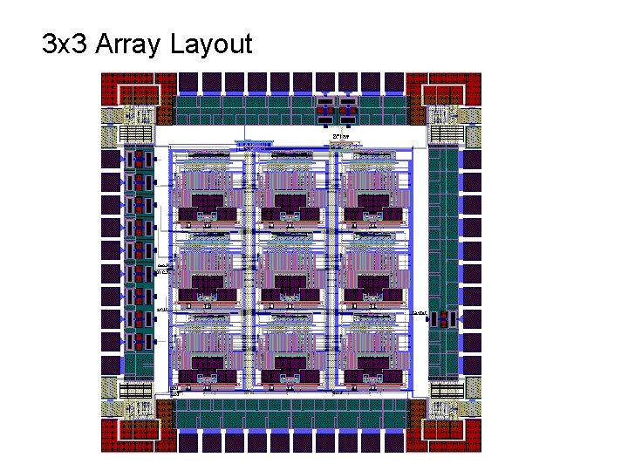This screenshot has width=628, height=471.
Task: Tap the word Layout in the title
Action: [210, 44]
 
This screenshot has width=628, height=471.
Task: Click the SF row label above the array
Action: [341, 137]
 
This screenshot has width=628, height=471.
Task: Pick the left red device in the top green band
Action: [324, 110]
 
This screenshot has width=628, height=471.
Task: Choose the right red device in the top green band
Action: [347, 110]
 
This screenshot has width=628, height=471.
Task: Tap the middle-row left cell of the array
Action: [208, 270]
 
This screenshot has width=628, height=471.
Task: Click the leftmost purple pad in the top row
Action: [187, 82]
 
